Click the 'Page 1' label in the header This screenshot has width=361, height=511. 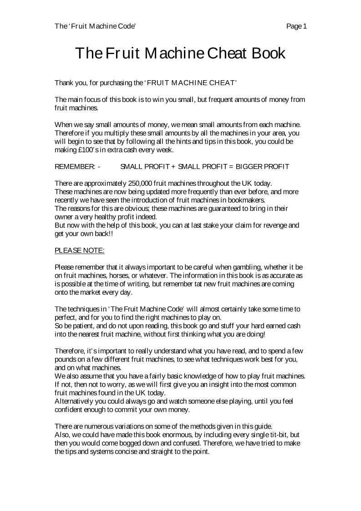296,26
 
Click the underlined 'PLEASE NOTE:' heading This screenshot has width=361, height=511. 79,250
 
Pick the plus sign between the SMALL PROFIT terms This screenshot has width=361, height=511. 173,167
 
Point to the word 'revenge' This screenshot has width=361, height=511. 276,225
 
